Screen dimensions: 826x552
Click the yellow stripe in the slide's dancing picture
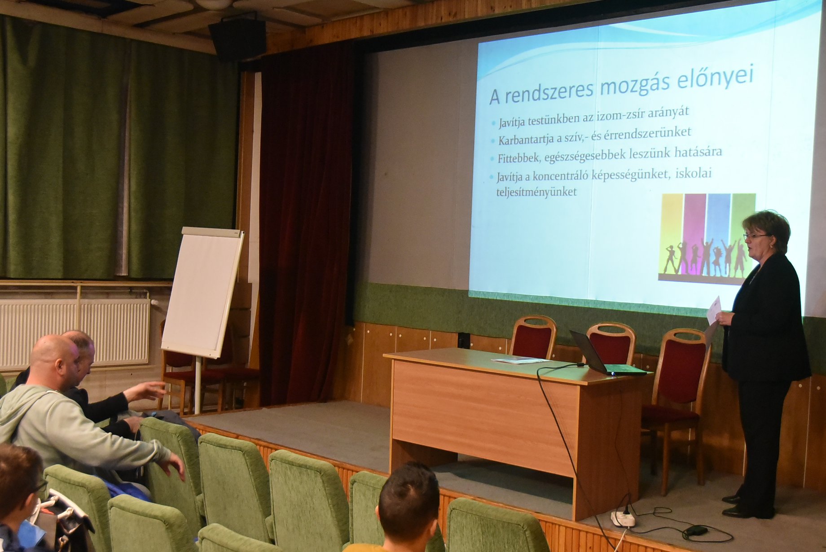click(x=672, y=233)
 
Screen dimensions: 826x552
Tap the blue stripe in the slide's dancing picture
click(x=718, y=231)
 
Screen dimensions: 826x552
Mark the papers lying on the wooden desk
click(x=521, y=360)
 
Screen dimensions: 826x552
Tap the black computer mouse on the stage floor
click(x=695, y=531)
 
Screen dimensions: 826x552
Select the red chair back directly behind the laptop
click(x=611, y=343)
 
